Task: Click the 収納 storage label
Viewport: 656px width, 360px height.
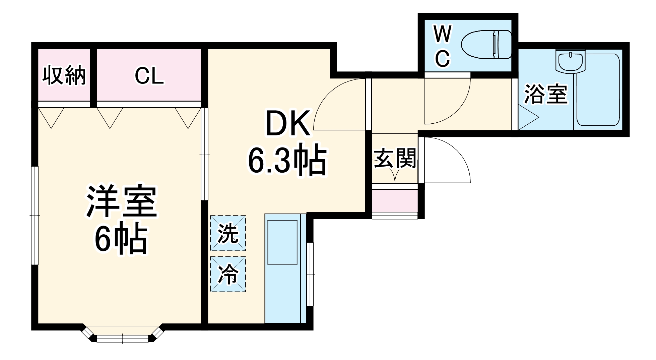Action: coord(64,76)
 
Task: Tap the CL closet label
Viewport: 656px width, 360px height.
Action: coord(149,76)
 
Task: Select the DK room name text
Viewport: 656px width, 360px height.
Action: coord(287,124)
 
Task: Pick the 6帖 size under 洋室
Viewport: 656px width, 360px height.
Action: coord(121,240)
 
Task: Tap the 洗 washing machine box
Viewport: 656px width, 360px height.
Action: coord(228,233)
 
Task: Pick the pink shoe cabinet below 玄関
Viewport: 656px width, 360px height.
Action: coord(395,200)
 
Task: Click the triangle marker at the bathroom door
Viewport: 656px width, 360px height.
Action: coord(527,118)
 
